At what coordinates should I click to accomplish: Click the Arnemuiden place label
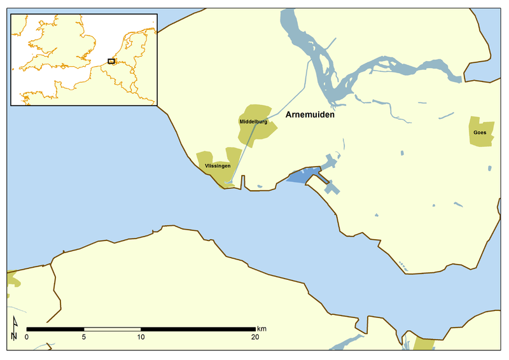point(310,116)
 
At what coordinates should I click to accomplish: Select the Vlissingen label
point(217,166)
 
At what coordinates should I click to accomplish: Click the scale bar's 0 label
point(27,337)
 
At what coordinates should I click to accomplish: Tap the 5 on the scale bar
point(84,337)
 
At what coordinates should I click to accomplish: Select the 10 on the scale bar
point(141,337)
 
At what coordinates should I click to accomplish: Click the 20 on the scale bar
point(255,337)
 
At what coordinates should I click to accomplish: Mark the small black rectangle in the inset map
point(111,61)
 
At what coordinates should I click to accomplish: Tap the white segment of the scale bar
point(113,329)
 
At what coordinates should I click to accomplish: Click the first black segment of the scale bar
point(55,329)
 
